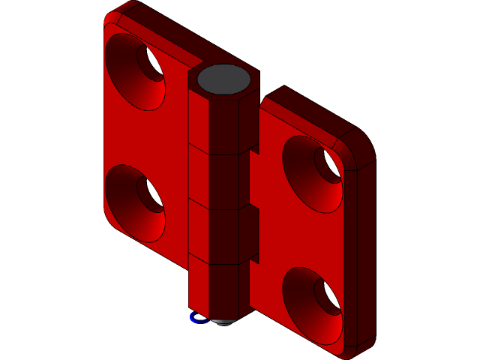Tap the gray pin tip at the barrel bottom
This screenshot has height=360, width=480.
coord(223,321)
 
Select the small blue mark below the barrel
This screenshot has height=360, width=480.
coord(197,318)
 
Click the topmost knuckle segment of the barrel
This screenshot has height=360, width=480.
coord(221,120)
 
